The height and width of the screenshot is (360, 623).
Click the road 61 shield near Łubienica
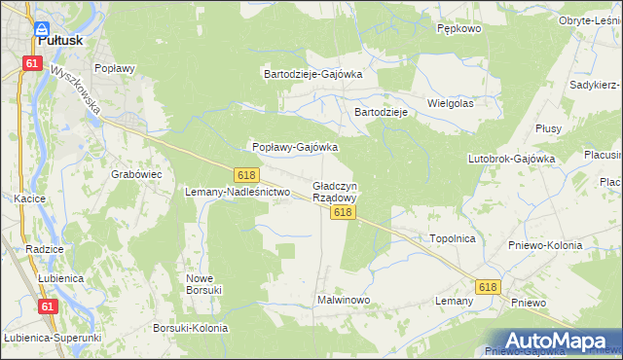(47, 306)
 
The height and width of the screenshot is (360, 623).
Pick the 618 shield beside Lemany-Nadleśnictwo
(245, 174)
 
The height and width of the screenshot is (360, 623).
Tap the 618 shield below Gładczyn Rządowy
(341, 212)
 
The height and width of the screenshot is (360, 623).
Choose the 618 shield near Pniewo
(488, 287)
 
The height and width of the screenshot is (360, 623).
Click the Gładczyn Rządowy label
(335, 191)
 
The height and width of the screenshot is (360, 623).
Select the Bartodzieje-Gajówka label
(313, 73)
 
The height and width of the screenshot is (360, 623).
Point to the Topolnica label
(452, 237)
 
